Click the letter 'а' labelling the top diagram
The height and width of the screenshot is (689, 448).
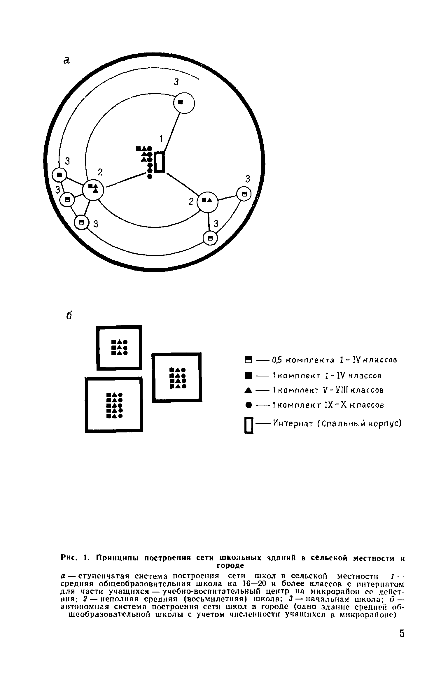click(x=67, y=60)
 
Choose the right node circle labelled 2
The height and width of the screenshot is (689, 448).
click(x=208, y=201)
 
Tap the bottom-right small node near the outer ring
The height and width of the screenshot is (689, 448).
click(x=211, y=239)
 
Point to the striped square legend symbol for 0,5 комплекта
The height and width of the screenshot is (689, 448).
click(x=248, y=360)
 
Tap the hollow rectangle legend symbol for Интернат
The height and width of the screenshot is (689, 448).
click(x=249, y=425)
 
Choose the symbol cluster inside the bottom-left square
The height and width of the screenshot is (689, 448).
click(x=114, y=405)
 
